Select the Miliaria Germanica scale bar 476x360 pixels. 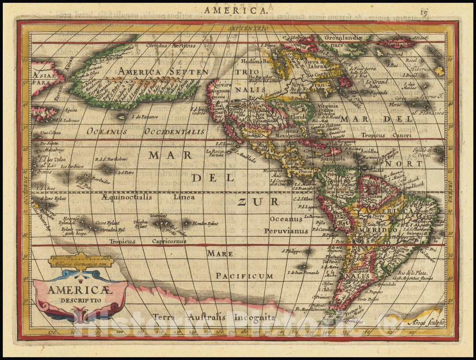click(81, 261)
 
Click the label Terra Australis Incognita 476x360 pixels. click(214, 317)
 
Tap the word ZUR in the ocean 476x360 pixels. click(258, 202)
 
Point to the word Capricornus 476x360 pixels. click(169, 241)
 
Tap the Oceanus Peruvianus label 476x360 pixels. click(286, 225)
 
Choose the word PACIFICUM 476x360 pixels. click(244, 276)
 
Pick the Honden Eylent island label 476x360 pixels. click(205, 223)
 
